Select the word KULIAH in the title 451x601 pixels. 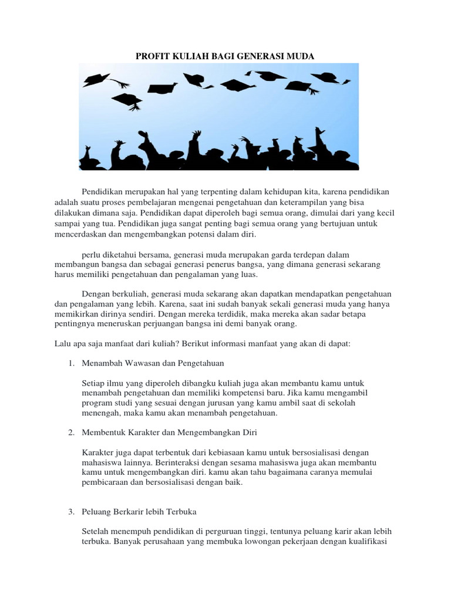point(189,56)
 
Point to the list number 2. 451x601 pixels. point(71,433)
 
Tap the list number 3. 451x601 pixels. point(71,512)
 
